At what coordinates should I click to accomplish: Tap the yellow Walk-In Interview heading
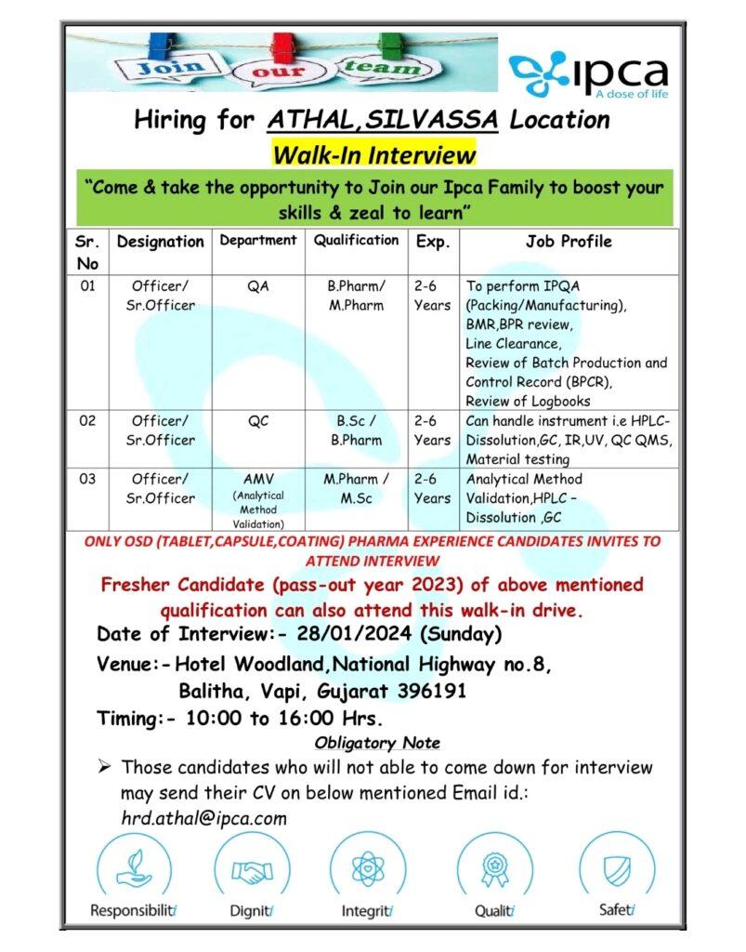click(x=373, y=152)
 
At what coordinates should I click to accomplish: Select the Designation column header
click(x=159, y=242)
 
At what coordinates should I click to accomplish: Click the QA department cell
click(x=258, y=286)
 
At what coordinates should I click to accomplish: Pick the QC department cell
click(x=258, y=420)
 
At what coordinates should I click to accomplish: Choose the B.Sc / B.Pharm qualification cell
click(x=356, y=430)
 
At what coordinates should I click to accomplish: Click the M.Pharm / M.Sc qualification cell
click(x=356, y=488)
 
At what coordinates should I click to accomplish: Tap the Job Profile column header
click(x=569, y=242)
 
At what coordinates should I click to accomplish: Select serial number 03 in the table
click(x=87, y=480)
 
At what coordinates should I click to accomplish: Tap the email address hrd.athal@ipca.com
click(x=203, y=819)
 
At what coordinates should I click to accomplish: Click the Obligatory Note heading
click(x=376, y=743)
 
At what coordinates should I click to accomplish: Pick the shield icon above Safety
click(x=616, y=870)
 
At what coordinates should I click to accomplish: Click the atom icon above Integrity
click(x=368, y=870)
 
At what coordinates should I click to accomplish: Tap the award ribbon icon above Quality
click(x=494, y=870)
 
